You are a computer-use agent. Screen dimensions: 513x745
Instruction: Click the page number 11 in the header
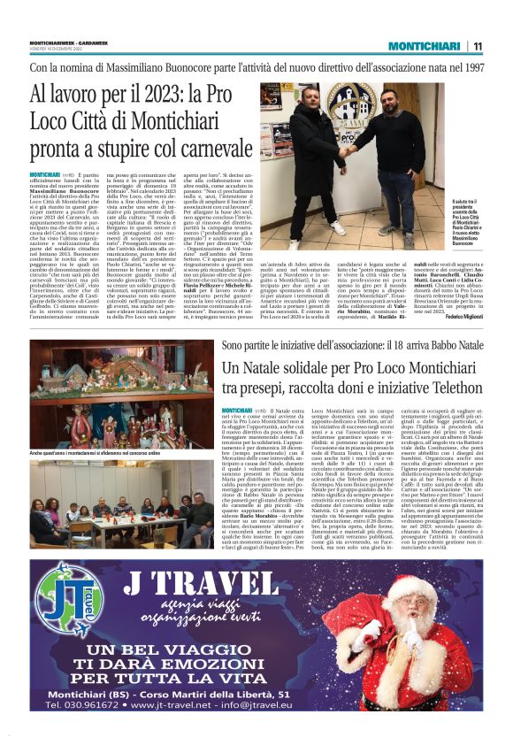(479, 45)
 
